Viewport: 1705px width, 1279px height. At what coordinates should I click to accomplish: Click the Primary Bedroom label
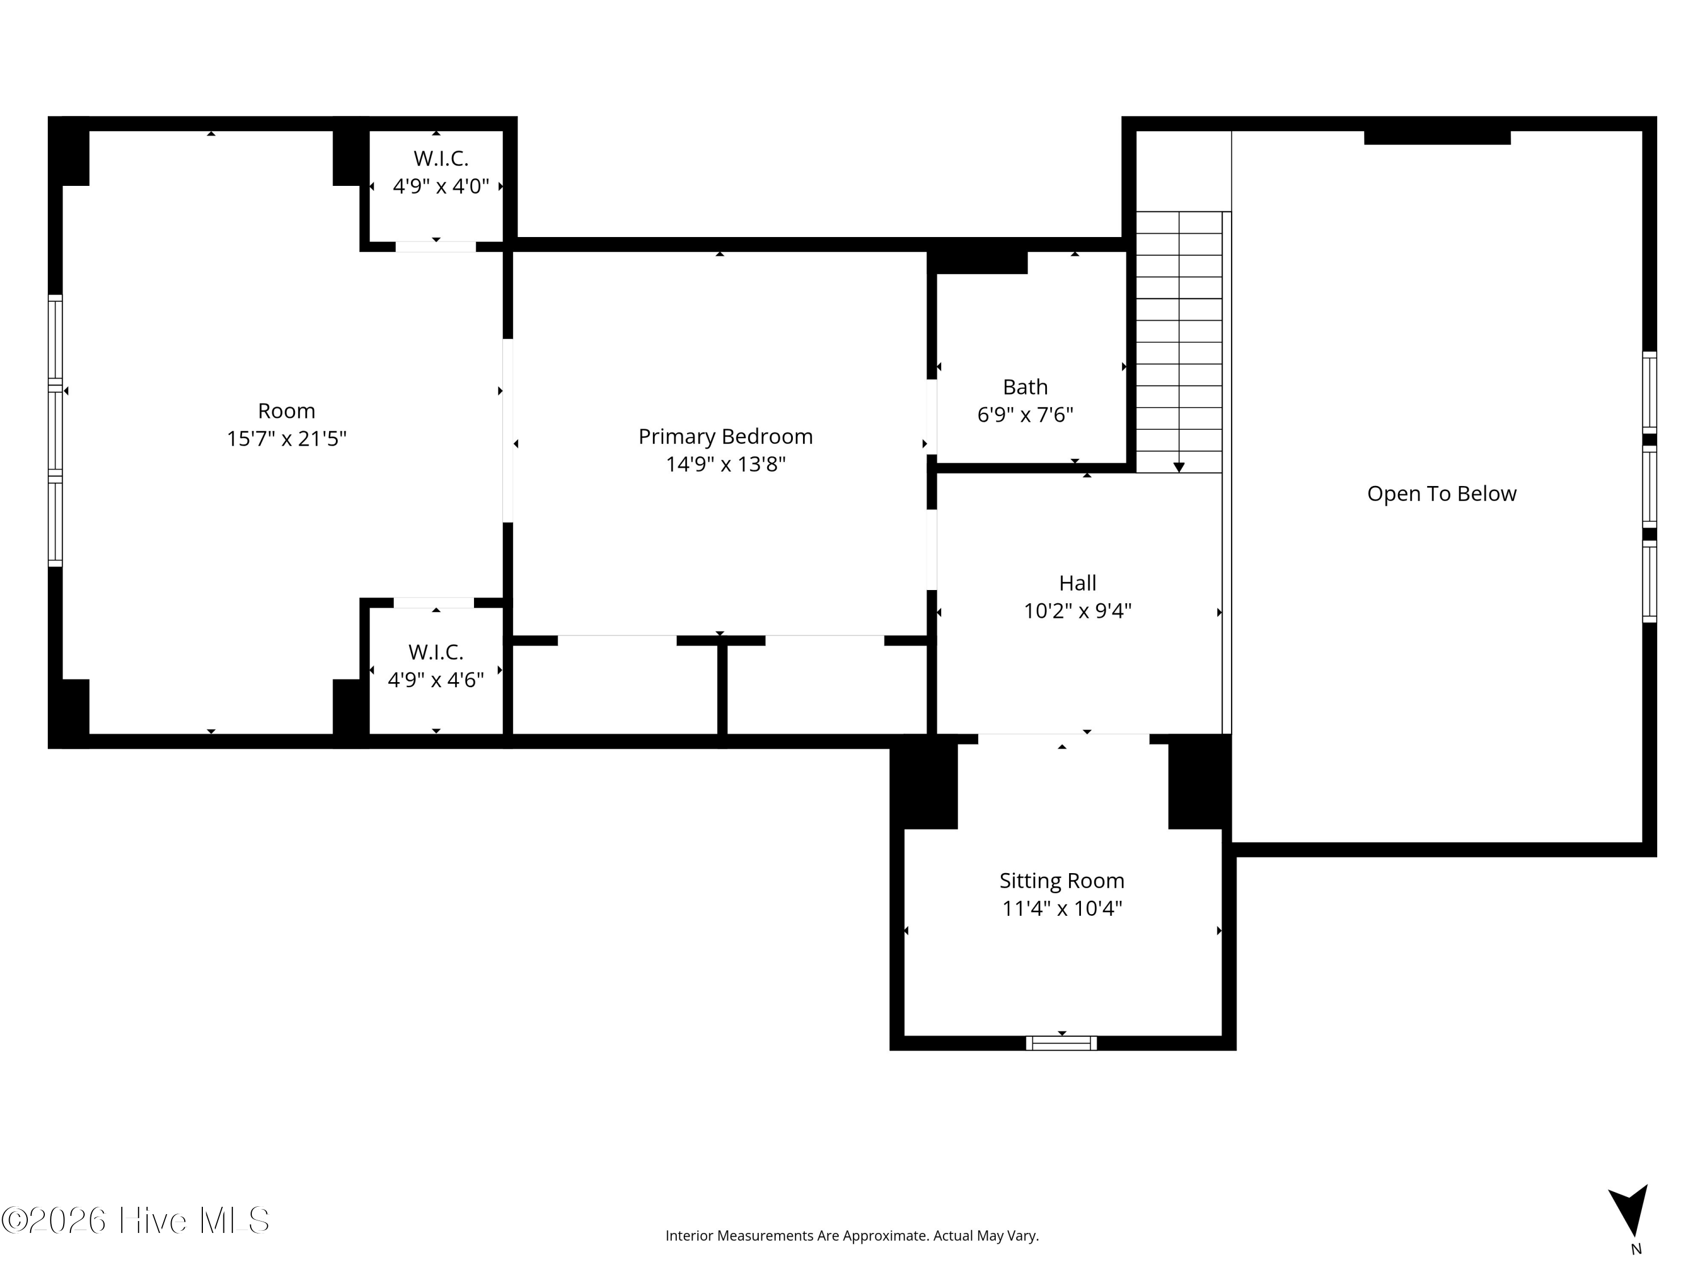point(725,437)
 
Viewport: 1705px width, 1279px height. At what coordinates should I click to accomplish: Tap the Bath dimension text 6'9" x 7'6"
point(1025,415)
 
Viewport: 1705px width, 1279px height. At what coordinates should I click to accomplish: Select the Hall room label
point(1078,583)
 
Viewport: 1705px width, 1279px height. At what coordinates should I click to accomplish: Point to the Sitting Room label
point(1062,881)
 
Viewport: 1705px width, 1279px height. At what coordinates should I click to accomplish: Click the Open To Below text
point(1441,493)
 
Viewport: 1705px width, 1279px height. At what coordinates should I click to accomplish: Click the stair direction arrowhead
point(1179,467)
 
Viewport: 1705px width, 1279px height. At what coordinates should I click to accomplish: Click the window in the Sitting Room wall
point(1062,1043)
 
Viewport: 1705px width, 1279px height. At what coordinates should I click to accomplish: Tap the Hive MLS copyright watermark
point(136,1220)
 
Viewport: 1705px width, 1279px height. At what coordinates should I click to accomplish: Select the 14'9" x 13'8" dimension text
point(725,464)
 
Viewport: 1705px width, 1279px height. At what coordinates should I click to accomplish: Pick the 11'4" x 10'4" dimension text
point(1062,908)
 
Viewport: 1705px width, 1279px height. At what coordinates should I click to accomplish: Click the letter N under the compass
point(1636,1249)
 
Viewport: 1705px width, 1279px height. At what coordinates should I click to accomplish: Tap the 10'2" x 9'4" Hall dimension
point(1078,611)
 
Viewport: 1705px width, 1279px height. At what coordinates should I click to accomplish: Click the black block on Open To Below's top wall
point(1437,137)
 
